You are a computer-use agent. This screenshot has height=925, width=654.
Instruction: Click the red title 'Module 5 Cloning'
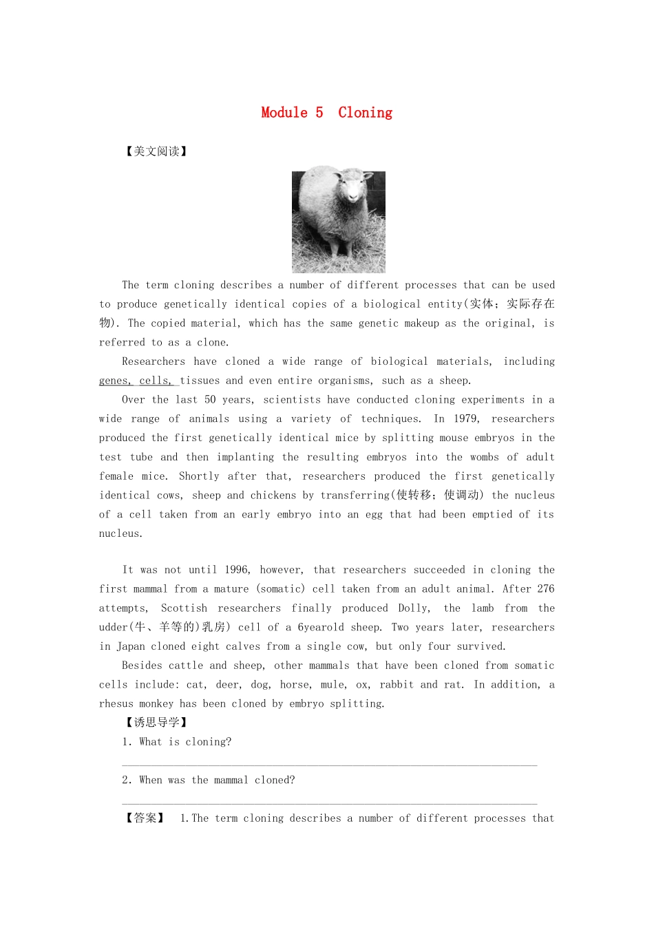coord(326,113)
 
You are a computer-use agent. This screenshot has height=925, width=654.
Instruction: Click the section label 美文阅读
coord(156,151)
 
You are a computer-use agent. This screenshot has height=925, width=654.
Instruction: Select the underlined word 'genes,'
coord(114,381)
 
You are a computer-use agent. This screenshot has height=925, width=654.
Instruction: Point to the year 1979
coord(466,418)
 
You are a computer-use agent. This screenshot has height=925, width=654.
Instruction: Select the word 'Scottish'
coord(184,608)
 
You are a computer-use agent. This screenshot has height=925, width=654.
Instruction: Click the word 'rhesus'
coord(116,703)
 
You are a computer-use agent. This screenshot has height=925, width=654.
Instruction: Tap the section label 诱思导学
coord(156,722)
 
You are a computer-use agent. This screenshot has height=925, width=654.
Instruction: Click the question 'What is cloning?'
coord(185,742)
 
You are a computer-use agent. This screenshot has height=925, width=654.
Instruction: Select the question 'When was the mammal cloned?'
coord(217,780)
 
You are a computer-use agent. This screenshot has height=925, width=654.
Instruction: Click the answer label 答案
coord(145,818)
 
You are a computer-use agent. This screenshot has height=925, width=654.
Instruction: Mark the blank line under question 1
coord(329,765)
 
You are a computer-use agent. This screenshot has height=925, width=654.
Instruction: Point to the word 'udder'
coord(114,627)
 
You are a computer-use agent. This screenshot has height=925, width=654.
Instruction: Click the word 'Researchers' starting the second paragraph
coord(154,361)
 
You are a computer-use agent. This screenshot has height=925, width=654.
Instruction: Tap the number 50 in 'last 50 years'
coord(210,400)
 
